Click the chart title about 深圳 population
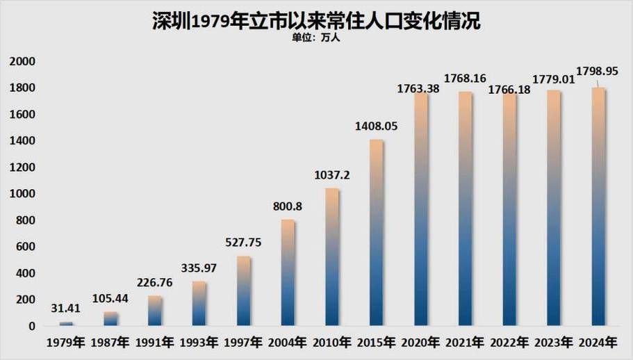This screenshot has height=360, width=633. coord(316,20)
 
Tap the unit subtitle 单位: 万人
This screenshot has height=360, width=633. coord(316,38)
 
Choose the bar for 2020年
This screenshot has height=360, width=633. coord(420,209)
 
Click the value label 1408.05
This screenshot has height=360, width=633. coord(376,127)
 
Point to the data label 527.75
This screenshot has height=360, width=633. coord(243,243)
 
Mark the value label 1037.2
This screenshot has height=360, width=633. coord(331,176)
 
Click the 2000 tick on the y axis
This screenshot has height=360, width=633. coord(22,62)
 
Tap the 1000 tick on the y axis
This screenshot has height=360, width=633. coord(22,194)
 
